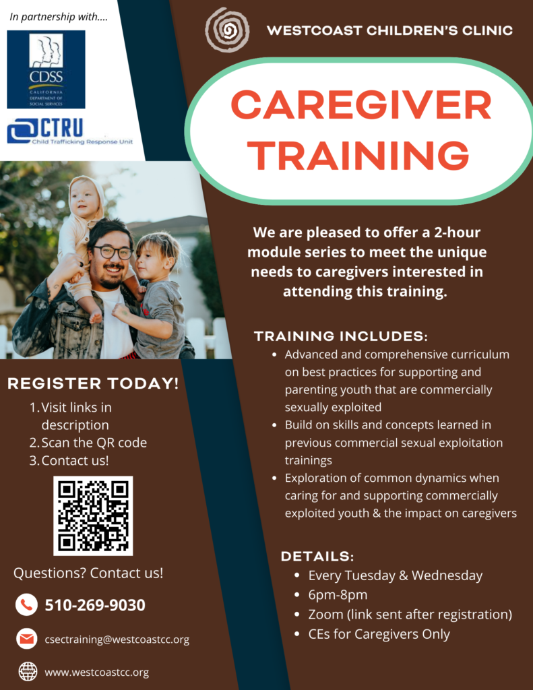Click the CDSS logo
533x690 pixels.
coord(46,69)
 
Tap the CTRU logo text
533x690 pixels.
coord(62,128)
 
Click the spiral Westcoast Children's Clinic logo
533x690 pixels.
coord(227,30)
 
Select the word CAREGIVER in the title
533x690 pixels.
coord(361,105)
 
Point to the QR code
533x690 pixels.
coord(93,515)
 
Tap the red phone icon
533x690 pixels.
coord(26,604)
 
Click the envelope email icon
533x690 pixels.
coord(26,639)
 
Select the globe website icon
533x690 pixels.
coord(28,672)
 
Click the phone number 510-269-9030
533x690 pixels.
coord(95,605)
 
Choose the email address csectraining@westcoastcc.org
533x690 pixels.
coord(117,639)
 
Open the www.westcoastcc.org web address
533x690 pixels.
coord(97,672)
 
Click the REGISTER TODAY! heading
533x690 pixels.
coord(93,383)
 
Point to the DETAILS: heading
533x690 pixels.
coord(317,556)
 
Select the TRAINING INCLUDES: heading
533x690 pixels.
coord(341,336)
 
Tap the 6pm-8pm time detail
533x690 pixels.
coord(338,595)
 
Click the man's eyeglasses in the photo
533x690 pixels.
coord(113,252)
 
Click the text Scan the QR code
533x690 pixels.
coord(94,442)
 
